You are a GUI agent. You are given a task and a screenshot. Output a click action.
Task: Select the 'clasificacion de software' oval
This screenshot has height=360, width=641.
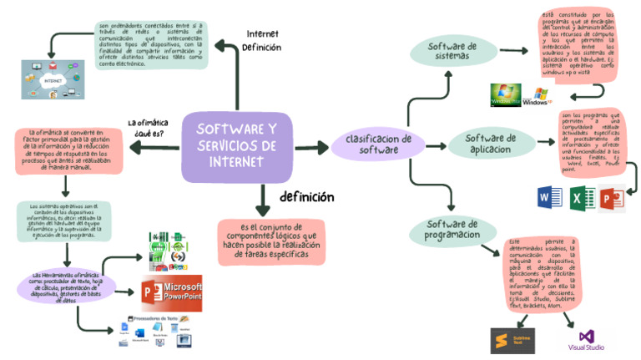(x=372, y=145)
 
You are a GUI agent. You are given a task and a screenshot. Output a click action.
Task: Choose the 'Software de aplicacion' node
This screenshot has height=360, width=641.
(x=489, y=144)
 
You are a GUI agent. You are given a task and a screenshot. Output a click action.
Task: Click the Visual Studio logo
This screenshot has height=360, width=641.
(x=586, y=339)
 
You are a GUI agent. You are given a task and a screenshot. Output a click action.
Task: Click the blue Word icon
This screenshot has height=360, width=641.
(x=552, y=198)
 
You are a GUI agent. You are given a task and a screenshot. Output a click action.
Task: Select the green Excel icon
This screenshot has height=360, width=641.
(x=582, y=199)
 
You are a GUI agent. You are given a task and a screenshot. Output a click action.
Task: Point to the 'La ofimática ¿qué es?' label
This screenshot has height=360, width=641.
(x=145, y=128)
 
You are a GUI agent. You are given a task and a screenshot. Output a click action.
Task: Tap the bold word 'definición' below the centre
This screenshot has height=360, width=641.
(x=306, y=197)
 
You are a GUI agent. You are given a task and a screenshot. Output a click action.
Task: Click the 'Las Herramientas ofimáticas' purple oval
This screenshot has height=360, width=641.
(x=65, y=286)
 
